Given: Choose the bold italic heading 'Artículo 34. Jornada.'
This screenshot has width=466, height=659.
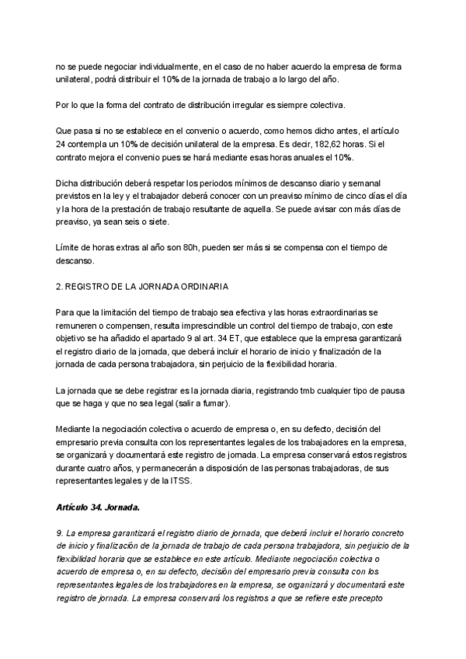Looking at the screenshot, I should coord(98,506).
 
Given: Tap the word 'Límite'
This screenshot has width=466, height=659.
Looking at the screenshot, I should coord(70,248).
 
